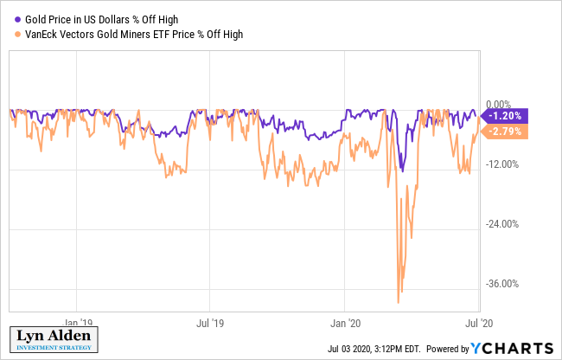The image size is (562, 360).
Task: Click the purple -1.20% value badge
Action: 504,116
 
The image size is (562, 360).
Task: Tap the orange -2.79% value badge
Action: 504,131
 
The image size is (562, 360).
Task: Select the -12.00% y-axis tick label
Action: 503,164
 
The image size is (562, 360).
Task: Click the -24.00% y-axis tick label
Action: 503,224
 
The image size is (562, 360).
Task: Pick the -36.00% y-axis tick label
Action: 503,284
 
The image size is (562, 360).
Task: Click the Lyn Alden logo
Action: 53,340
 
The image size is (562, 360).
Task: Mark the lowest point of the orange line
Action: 398,303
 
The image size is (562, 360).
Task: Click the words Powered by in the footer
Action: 447,350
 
